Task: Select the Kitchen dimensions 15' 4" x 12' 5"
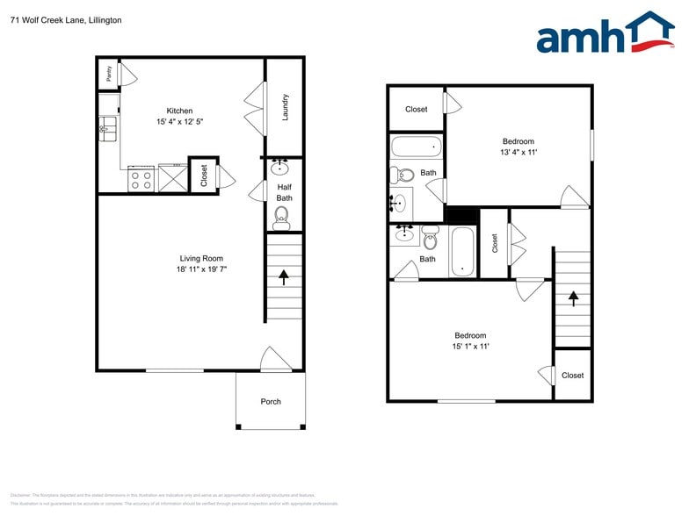coord(179,123)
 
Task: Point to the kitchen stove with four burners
coord(141,180)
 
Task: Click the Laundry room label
coord(286,107)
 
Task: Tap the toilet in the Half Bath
coord(281,220)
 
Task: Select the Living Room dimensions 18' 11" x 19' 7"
coord(201,270)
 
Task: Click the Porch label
coord(271,402)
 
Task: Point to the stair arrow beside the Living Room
coord(284,277)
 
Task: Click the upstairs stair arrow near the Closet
coord(573,297)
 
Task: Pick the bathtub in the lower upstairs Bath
coord(461,252)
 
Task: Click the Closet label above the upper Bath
coord(417,110)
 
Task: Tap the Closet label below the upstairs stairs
coord(572,376)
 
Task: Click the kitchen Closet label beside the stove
coord(204,176)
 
